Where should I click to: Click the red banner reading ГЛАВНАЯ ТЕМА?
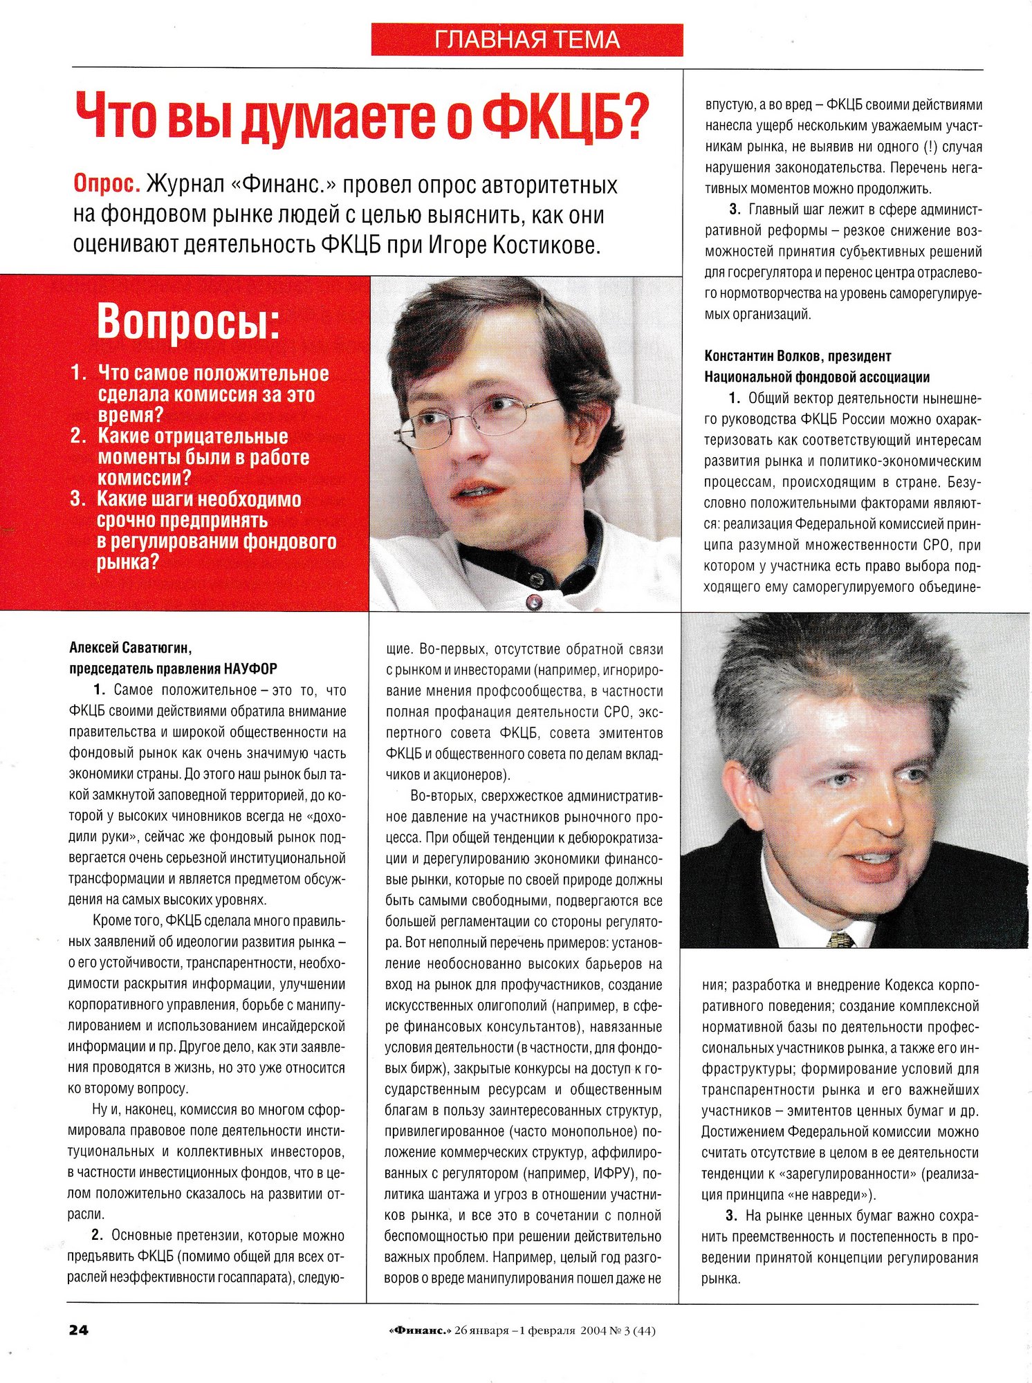tap(527, 40)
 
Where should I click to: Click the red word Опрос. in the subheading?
tap(107, 185)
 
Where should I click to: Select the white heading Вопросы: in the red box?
tap(189, 322)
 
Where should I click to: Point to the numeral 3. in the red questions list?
tap(78, 499)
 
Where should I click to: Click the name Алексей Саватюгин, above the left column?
tap(131, 648)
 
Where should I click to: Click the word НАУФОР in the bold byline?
tap(250, 669)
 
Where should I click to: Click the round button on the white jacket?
tap(534, 602)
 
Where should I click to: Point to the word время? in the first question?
tap(131, 416)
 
